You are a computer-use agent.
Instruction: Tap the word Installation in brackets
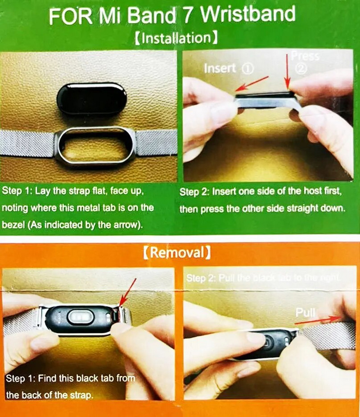(x=177, y=38)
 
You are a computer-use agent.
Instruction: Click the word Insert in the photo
(x=220, y=68)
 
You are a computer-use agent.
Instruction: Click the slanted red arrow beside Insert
(x=254, y=84)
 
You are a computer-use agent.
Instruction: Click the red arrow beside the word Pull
(x=318, y=319)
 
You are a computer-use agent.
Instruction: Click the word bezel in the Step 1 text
(x=13, y=225)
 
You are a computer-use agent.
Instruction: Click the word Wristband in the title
(x=248, y=15)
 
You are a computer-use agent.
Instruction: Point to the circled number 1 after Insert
(x=248, y=68)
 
